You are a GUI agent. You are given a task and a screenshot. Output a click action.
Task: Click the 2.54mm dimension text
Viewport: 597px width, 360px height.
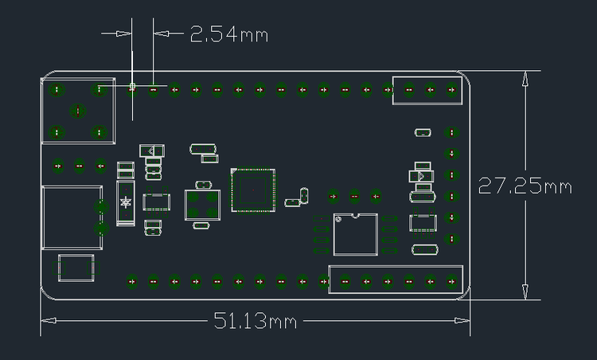coord(229,34)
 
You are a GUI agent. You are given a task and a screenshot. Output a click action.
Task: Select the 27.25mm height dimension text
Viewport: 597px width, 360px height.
coord(525,186)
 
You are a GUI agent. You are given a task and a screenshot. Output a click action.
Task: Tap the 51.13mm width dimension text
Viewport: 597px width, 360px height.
coord(255,320)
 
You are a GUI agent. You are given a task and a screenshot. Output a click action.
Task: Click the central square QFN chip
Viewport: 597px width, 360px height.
coord(253,190)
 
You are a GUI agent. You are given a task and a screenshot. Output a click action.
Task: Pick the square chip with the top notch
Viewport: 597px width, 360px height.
coord(356,234)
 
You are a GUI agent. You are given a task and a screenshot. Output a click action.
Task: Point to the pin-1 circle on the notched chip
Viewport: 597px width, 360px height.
coord(338,219)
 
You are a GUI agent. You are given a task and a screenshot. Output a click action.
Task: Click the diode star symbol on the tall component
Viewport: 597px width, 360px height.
coord(125,202)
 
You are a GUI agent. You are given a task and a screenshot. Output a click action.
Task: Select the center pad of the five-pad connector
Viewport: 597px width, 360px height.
coord(78,111)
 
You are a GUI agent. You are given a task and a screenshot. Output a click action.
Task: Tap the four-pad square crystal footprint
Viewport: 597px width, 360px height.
coord(202,205)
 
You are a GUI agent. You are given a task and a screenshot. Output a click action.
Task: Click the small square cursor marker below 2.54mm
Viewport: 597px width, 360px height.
coord(132,87)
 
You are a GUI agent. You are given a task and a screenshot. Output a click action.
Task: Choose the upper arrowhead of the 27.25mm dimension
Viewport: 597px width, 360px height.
coord(525,78)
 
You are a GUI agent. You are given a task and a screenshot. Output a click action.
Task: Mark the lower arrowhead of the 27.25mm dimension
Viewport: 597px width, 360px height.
coord(525,292)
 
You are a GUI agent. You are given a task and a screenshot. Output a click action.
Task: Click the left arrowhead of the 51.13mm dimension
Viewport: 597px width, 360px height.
coord(49,320)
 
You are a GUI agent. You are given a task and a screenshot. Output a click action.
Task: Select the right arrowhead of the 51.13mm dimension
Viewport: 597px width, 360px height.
coord(462,320)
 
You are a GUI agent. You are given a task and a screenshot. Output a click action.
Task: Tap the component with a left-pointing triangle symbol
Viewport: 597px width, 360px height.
coord(152,151)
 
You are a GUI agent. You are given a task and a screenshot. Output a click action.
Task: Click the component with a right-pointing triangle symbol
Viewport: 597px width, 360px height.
coord(421,176)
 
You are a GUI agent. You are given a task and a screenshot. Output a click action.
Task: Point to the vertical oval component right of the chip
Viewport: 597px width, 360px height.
coord(304,195)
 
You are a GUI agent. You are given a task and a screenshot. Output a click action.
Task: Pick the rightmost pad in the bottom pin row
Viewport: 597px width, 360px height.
coord(452,281)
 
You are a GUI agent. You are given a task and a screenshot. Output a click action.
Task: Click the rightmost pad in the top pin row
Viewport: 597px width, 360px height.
coord(452,90)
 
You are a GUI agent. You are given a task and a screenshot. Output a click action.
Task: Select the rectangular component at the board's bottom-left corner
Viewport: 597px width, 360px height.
coord(76,268)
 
